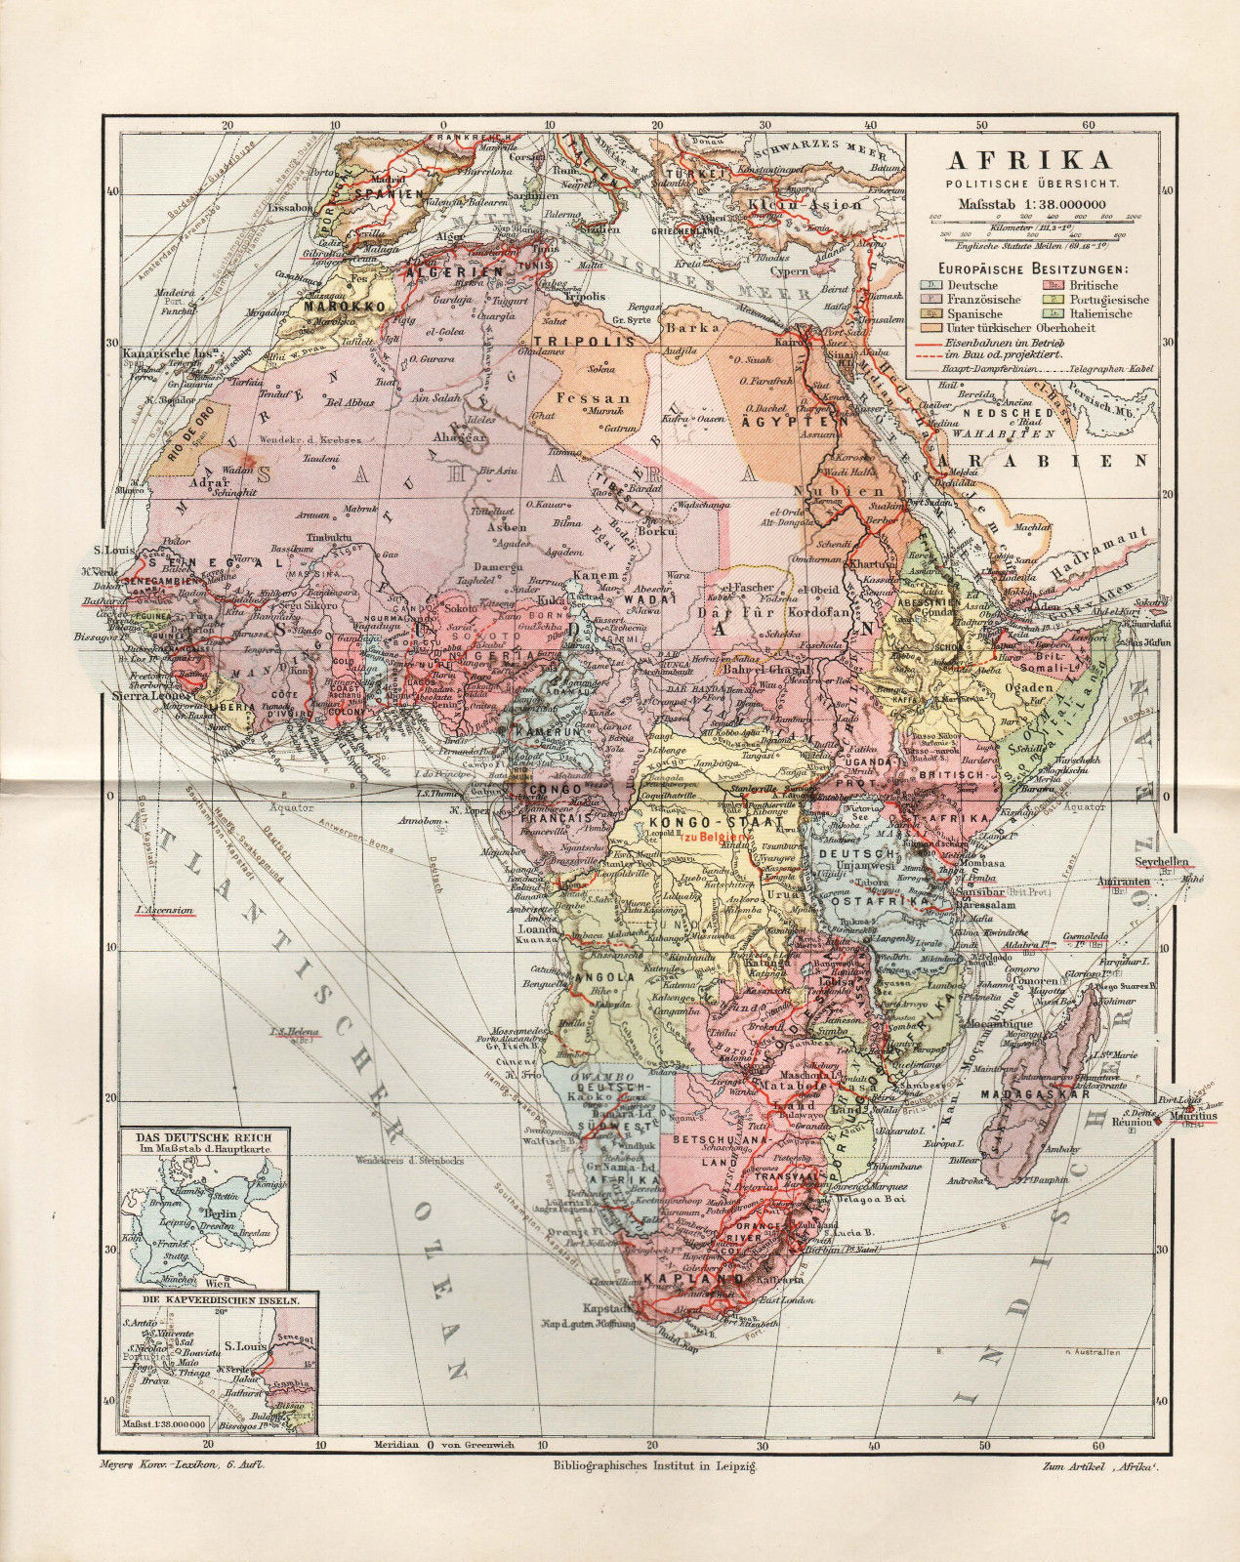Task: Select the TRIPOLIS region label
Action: point(585,341)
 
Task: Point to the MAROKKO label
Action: point(334,306)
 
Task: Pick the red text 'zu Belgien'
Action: point(717,838)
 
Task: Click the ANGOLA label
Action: point(606,977)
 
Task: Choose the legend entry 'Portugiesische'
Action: point(1106,300)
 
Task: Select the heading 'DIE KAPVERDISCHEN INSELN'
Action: point(204,1300)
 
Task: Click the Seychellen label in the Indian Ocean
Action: point(1161,863)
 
